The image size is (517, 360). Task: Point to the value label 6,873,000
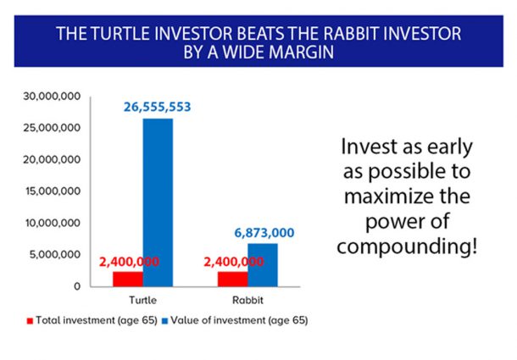[264, 232]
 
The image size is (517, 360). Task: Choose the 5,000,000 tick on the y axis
[55, 254]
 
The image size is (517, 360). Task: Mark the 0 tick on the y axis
[76, 286]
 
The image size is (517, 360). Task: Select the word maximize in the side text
[405, 197]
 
